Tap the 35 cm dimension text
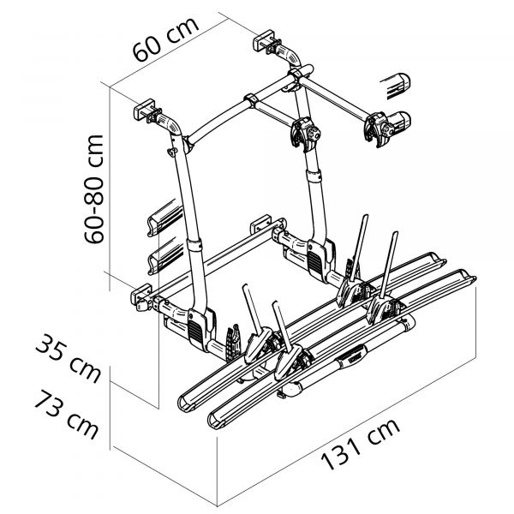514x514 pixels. click(69, 361)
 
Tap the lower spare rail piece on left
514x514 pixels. click(167, 254)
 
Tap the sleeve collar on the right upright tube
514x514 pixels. click(314, 176)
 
